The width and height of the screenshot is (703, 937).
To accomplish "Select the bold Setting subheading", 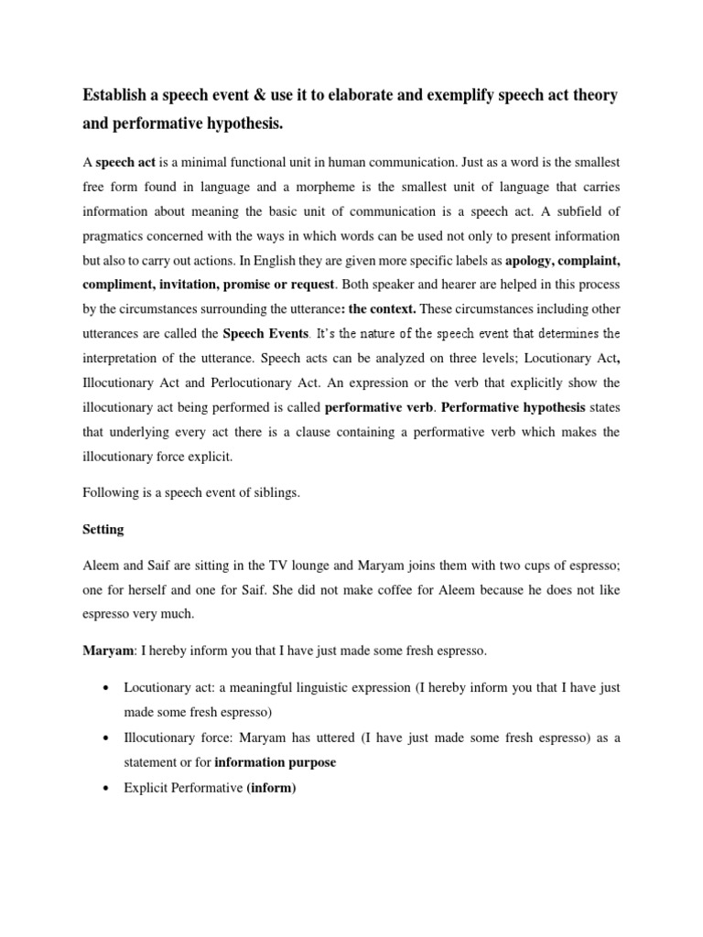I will [103, 529].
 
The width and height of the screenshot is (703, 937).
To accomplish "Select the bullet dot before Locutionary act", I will [109, 686].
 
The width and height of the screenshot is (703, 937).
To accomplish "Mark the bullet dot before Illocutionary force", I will [109, 736].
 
